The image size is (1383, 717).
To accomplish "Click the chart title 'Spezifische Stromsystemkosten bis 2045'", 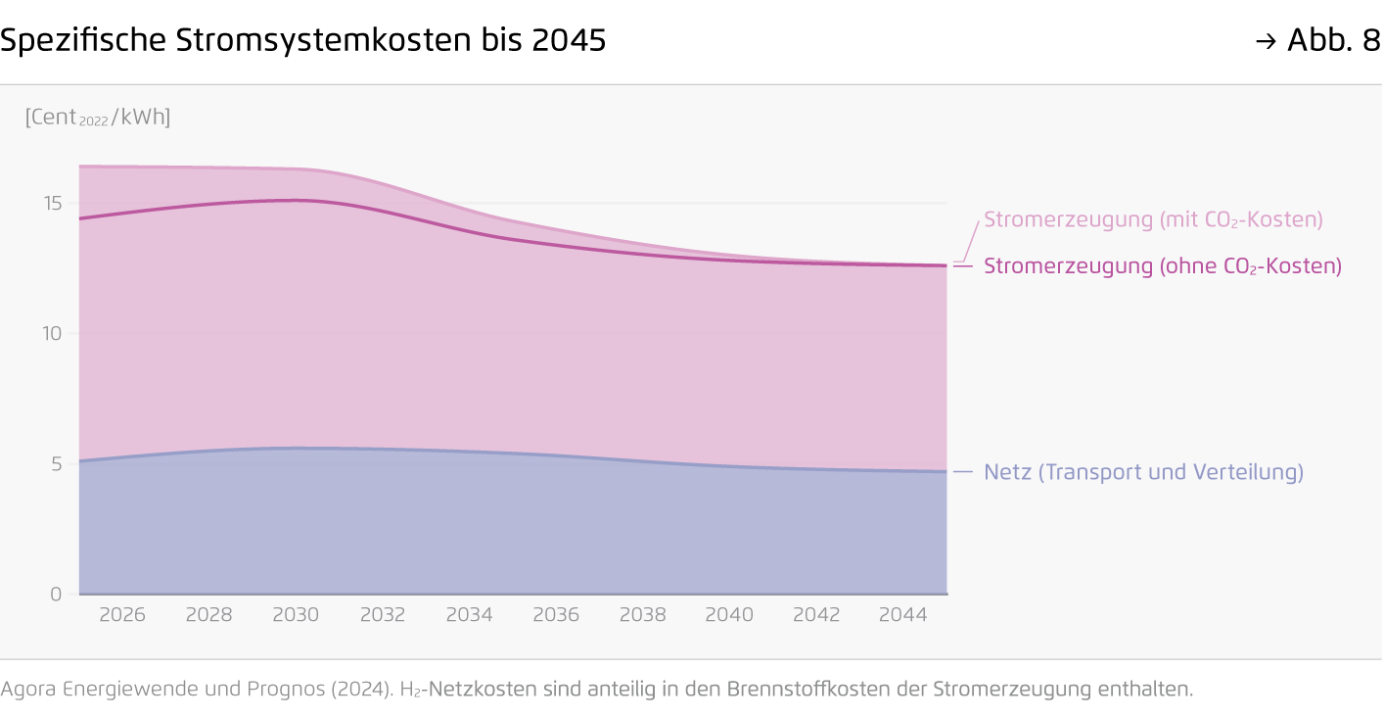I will (303, 41).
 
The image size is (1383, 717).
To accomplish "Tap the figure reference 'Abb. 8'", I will (1333, 41).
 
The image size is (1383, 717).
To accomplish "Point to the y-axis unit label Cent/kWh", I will (98, 118).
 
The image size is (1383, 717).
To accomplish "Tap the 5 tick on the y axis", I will (56, 463).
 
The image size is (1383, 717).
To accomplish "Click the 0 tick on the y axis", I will (56, 594).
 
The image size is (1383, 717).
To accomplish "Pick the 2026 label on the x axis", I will (122, 615).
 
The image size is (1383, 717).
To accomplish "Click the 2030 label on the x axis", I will (296, 615).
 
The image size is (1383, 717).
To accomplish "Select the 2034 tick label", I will (469, 615).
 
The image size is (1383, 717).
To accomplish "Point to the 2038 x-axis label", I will (643, 615).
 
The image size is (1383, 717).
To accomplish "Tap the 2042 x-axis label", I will (816, 615).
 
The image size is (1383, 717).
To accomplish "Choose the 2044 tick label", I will (902, 615).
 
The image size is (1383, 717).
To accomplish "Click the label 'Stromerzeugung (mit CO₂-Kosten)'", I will (1153, 219).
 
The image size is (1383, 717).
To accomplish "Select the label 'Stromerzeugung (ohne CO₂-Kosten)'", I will (1162, 266).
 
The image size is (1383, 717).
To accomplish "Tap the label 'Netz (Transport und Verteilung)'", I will (1143, 472).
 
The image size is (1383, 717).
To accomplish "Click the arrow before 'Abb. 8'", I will (1266, 41).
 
